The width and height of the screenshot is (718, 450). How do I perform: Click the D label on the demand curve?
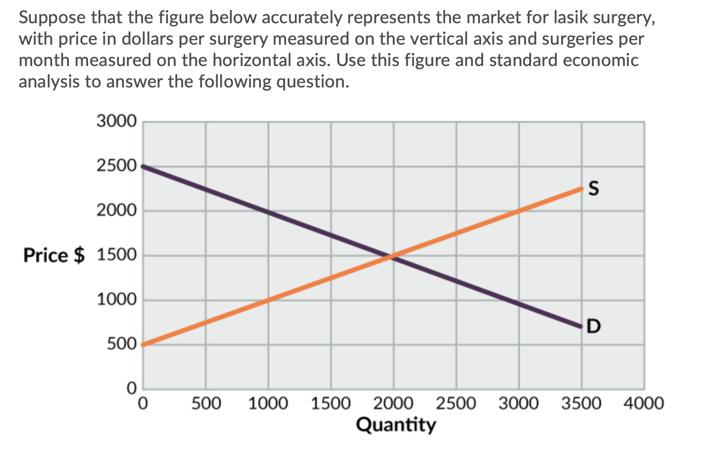(594, 326)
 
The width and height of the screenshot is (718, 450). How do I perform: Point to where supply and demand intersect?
(393, 255)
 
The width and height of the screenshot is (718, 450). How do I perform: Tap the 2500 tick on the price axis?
(116, 166)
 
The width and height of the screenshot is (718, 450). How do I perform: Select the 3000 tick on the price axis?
(116, 121)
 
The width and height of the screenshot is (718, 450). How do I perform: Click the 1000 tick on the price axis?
(116, 300)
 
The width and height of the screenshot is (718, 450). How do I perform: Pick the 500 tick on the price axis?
(122, 344)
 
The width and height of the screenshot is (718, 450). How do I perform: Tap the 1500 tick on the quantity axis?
(331, 403)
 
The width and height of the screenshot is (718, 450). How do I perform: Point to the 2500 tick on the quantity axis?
(456, 403)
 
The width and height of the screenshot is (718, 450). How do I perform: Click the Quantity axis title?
(396, 424)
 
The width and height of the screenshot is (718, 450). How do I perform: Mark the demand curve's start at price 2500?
(143, 166)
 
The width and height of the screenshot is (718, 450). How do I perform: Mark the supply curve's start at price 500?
(143, 344)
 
